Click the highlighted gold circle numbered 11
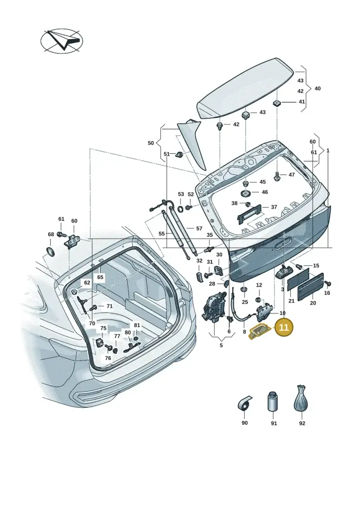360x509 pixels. point(283,327)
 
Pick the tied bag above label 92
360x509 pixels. point(301,399)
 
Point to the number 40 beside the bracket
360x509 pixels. point(318,88)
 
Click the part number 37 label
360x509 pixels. point(274,207)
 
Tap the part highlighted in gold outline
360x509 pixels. point(259,331)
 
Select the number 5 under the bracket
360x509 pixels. point(221,345)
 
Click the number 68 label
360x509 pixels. point(51,234)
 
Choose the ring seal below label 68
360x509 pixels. point(51,251)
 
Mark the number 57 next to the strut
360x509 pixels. point(199,229)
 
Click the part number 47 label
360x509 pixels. point(292,175)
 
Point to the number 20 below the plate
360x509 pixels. point(313,303)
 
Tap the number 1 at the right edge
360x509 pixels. point(328,151)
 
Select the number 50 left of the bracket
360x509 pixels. point(151,143)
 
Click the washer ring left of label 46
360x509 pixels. point(245,194)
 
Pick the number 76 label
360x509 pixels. point(108,358)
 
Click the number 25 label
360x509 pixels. point(245,302)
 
